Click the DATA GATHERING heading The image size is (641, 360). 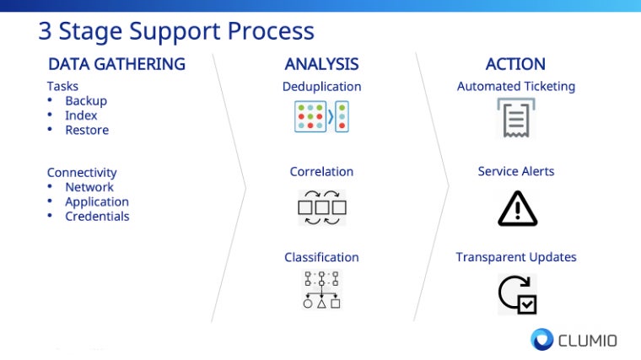[x=117, y=64]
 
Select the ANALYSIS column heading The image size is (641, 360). [x=321, y=64]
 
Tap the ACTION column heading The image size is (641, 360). [x=515, y=64]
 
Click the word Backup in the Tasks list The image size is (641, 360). [x=86, y=100]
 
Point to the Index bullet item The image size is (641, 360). [x=81, y=116]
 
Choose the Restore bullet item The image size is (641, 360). [x=87, y=130]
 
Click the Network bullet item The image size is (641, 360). [x=89, y=186]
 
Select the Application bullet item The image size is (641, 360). [x=97, y=201]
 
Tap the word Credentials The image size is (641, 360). [x=97, y=216]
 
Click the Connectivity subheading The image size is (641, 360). [x=82, y=173]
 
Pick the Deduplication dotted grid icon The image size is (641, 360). [x=321, y=117]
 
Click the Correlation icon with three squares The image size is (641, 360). [x=322, y=207]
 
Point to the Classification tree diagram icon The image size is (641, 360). [x=321, y=290]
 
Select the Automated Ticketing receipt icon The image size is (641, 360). [x=516, y=118]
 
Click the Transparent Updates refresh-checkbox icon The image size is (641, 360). [x=518, y=294]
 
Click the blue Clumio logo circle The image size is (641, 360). [x=541, y=339]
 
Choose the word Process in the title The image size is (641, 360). [x=271, y=31]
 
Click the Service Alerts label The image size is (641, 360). [x=516, y=171]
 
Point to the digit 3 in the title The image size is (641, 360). [x=45, y=31]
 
